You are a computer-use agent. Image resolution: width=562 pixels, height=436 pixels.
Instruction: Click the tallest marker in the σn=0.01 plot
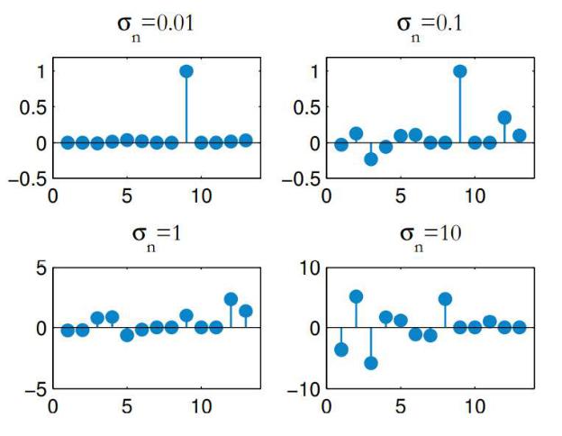186,71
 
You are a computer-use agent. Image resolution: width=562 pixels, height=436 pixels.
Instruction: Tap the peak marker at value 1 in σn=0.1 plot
460,71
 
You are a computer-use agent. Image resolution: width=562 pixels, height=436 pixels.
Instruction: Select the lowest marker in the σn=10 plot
371,363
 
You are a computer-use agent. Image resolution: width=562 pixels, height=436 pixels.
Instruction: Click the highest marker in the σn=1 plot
231,299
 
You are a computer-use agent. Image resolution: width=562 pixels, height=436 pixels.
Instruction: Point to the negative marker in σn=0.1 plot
371,159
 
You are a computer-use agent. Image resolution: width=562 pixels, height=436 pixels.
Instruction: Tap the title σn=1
157,236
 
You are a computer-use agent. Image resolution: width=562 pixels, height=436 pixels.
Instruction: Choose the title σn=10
431,236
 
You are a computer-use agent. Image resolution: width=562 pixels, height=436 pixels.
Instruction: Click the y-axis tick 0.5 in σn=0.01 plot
33,107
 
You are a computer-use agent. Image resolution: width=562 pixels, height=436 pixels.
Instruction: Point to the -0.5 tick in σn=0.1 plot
301,179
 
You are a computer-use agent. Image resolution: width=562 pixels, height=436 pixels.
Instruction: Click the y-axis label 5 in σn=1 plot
41,268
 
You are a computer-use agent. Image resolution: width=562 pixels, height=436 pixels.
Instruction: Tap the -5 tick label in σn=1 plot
36,390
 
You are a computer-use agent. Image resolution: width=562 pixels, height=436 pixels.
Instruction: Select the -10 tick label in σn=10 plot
304,390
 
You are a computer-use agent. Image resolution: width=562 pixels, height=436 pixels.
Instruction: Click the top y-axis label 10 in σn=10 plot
310,268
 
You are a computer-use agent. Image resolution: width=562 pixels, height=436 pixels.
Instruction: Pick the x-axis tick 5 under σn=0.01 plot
127,196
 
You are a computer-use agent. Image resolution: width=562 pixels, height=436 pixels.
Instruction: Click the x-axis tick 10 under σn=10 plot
475,407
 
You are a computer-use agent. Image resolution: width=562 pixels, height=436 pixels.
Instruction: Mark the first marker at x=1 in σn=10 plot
341,350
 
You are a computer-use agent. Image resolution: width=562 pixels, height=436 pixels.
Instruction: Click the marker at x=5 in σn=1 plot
127,335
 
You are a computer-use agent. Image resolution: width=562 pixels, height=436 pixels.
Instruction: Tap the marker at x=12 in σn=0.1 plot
504,117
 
